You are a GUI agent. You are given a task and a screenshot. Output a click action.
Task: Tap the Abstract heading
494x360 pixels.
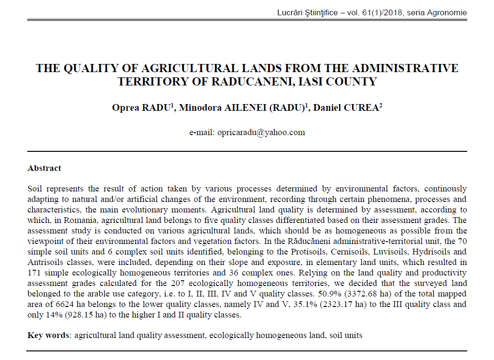point(44,168)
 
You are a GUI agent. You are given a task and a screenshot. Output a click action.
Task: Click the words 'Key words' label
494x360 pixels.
point(48,335)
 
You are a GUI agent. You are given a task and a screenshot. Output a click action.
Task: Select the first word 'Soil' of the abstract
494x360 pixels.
point(35,189)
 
